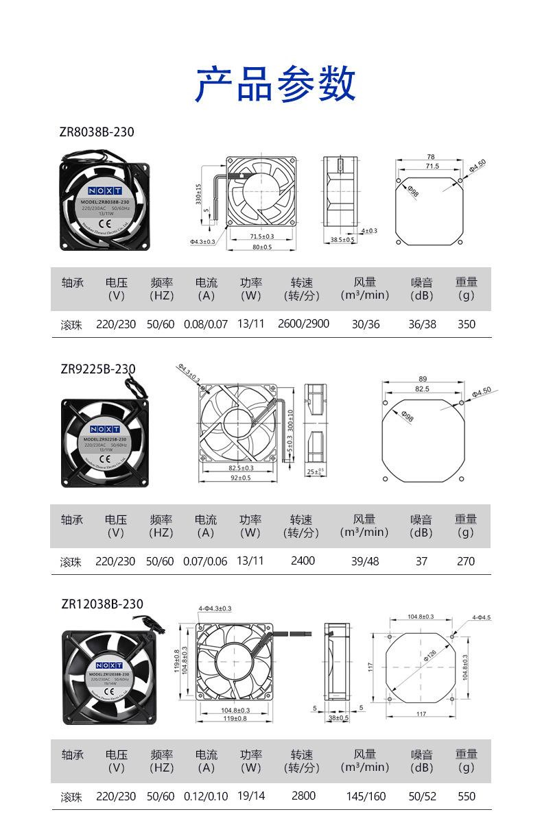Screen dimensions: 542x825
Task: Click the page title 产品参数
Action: (x=275, y=84)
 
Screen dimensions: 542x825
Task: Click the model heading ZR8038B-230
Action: (x=97, y=132)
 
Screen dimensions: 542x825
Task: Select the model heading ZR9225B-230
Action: (x=98, y=369)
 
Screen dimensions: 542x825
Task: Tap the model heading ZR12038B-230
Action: (x=102, y=604)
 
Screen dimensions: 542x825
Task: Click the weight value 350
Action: (x=467, y=324)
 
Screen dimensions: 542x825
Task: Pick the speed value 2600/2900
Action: (x=303, y=323)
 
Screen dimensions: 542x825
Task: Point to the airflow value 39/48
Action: (x=365, y=561)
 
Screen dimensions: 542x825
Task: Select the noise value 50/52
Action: (x=422, y=797)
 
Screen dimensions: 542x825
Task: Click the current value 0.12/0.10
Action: (x=206, y=797)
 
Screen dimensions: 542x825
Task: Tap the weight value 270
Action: (x=466, y=561)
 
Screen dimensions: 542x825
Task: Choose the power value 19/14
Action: (x=251, y=797)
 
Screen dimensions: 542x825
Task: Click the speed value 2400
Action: (x=303, y=561)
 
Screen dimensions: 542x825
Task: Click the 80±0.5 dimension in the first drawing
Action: (x=261, y=247)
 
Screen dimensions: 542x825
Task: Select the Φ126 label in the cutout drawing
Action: (x=429, y=656)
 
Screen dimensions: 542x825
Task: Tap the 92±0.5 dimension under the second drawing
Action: (x=239, y=478)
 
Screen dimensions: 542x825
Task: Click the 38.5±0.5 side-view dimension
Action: (x=342, y=241)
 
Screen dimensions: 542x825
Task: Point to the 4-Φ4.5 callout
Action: (x=481, y=617)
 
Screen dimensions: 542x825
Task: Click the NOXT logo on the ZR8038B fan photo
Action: (x=105, y=190)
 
